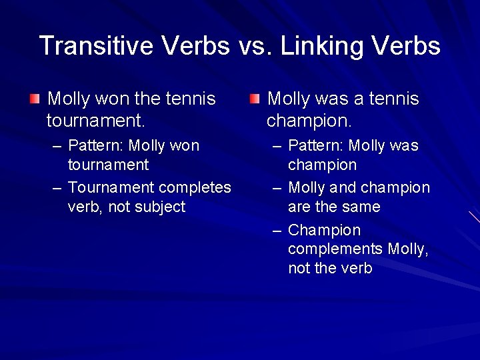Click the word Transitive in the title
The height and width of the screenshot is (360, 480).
[92, 46]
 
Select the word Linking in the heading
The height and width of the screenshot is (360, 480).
[322, 46]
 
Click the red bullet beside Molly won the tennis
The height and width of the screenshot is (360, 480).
[35, 99]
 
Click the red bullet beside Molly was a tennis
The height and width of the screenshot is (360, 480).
[254, 99]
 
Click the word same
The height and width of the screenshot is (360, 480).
[362, 207]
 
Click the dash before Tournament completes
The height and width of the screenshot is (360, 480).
[58, 188]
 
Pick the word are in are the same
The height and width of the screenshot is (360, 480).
[300, 207]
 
